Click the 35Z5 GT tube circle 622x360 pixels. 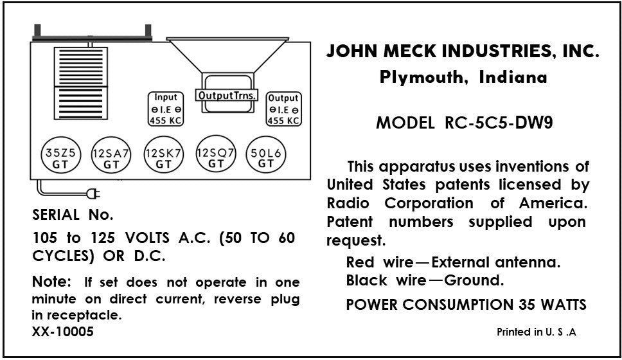pyautogui.click(x=61, y=155)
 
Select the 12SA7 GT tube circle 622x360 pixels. pyautogui.click(x=111, y=155)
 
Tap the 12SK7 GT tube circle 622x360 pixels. pyautogui.click(x=163, y=155)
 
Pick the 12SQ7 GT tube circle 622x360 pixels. pyautogui.click(x=216, y=154)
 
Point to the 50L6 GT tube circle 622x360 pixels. pyautogui.click(x=266, y=154)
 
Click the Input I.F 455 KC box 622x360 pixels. pyautogui.click(x=166, y=109)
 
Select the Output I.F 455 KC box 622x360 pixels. pyautogui.click(x=283, y=109)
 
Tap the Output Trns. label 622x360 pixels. pyautogui.click(x=227, y=95)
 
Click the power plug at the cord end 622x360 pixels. pyautogui.click(x=94, y=194)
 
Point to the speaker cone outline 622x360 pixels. pyautogui.click(x=227, y=55)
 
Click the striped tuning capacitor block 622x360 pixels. pyautogui.click(x=80, y=84)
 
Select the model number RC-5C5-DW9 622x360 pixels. pyautogui.click(x=499, y=123)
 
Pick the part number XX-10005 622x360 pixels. pyautogui.click(x=63, y=332)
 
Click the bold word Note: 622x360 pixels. pyautogui.click(x=51, y=282)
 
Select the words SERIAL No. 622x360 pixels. pyautogui.click(x=73, y=215)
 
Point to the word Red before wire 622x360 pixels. pyautogui.click(x=360, y=262)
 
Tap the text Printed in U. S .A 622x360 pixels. pyautogui.click(x=537, y=332)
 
